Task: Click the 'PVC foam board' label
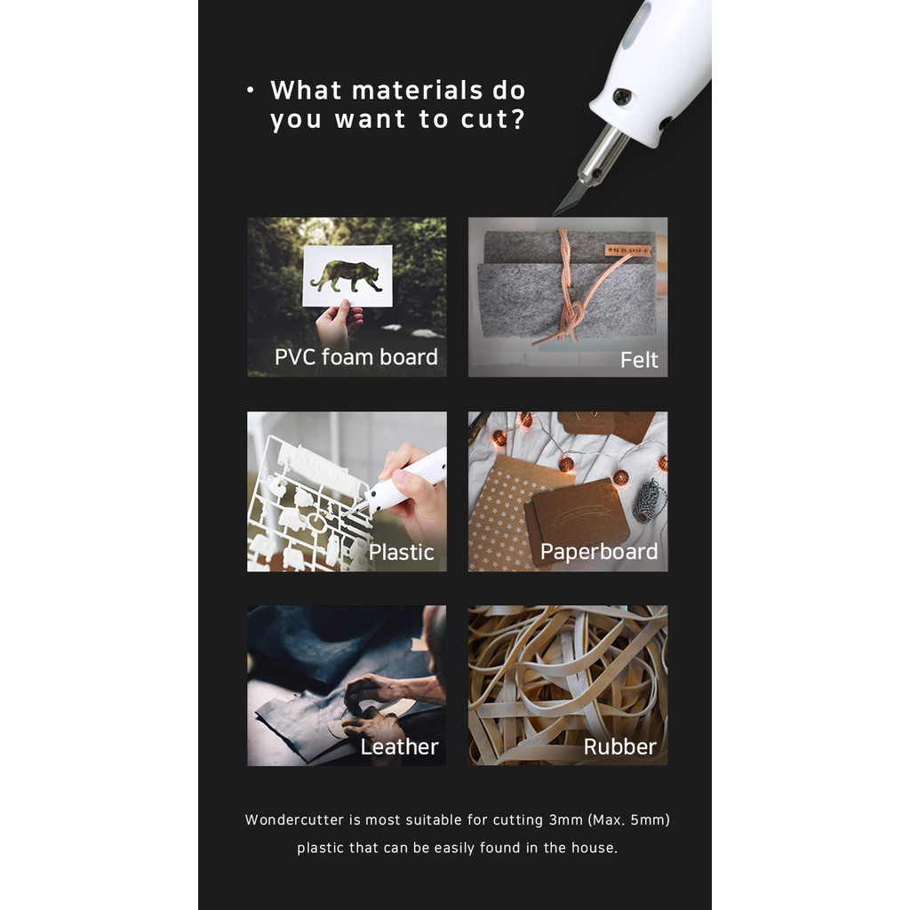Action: click(x=355, y=357)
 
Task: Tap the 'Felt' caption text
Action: click(x=639, y=360)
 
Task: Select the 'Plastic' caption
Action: click(x=401, y=552)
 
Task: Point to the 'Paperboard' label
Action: click(x=599, y=551)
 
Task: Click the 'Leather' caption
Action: click(x=399, y=746)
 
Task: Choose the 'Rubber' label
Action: click(x=619, y=746)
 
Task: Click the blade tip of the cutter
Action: click(x=555, y=213)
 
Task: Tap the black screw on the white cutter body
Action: click(x=622, y=97)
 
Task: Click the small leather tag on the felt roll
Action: click(x=628, y=250)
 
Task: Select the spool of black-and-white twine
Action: click(x=648, y=500)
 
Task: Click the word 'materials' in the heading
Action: click(x=418, y=91)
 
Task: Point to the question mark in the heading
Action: click(x=518, y=118)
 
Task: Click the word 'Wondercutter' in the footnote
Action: click(x=294, y=820)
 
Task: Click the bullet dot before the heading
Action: click(x=250, y=90)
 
